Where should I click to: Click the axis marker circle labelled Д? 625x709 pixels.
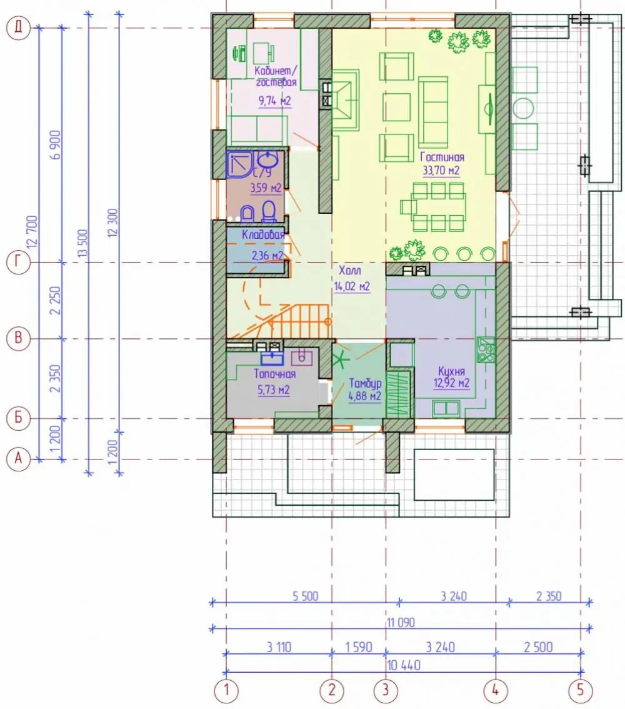click(18, 28)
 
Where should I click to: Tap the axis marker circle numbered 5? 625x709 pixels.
click(580, 690)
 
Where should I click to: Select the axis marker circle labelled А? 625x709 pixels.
click(18, 459)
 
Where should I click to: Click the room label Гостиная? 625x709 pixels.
click(442, 158)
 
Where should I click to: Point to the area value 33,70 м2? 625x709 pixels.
click(441, 171)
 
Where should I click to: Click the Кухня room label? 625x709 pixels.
click(451, 371)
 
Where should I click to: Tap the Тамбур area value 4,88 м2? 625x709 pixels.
click(364, 396)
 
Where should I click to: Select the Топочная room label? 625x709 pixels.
click(274, 374)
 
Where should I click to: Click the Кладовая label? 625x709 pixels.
click(263, 234)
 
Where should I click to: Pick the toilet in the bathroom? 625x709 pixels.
click(269, 211)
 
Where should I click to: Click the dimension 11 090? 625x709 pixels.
click(401, 622)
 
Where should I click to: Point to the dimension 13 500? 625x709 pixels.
click(82, 243)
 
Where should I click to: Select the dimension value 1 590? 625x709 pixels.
click(358, 647)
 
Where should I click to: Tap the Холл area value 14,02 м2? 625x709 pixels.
click(352, 286)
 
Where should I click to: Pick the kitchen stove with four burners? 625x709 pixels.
click(486, 349)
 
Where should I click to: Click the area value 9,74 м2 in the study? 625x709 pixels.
click(275, 101)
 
